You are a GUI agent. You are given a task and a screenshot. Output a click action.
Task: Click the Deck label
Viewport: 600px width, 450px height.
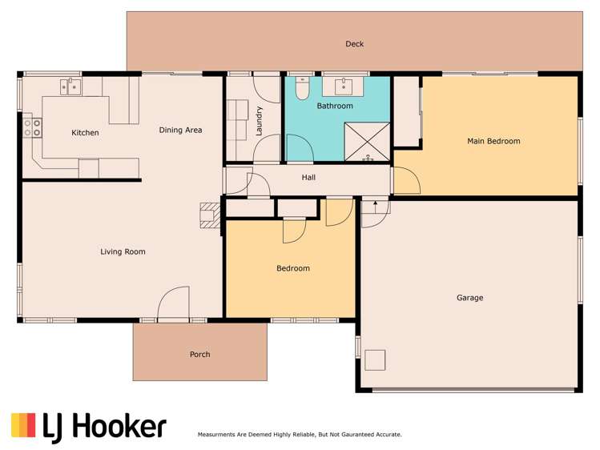click(x=354, y=44)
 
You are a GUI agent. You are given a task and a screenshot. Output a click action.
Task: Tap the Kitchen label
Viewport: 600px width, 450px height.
click(x=85, y=133)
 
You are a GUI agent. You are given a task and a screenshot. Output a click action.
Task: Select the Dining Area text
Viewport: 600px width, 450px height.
click(x=180, y=130)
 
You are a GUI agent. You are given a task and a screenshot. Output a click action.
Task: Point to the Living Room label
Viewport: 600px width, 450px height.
click(x=123, y=251)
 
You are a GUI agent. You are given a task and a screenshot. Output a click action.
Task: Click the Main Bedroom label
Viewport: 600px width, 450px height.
click(x=493, y=141)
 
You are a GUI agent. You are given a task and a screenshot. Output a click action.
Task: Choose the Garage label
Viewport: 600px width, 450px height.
click(x=469, y=298)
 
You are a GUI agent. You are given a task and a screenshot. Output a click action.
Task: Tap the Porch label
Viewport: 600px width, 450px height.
click(x=199, y=354)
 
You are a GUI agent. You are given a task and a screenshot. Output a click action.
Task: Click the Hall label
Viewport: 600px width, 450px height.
click(x=309, y=178)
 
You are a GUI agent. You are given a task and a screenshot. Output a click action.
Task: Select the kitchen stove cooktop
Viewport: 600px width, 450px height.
click(x=33, y=127)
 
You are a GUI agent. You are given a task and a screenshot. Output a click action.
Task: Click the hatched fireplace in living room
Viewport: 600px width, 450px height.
click(x=210, y=215)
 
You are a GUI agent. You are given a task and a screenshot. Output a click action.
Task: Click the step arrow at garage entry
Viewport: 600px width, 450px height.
click(x=374, y=207)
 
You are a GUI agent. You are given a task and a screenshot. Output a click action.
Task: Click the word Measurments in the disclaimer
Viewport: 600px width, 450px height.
click(x=219, y=435)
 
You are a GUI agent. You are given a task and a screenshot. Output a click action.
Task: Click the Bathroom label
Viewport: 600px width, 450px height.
click(x=334, y=106)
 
